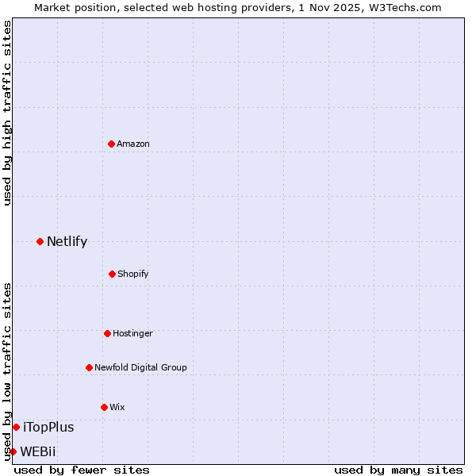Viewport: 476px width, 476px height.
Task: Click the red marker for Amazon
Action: coord(111,144)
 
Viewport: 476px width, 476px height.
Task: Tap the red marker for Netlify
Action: coord(40,241)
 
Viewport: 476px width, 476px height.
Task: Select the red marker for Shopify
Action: coord(112,274)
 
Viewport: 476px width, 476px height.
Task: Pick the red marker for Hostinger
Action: coord(107,333)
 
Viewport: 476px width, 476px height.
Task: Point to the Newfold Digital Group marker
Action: coord(89,367)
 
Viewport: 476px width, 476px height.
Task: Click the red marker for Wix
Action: coord(104,407)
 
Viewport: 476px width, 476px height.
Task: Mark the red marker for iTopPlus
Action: coord(16,427)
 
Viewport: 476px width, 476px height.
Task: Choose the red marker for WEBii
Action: coord(13,451)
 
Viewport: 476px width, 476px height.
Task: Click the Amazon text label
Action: coord(133,144)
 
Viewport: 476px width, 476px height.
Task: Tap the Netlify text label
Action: coord(67,241)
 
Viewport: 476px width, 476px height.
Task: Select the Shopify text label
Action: coord(133,274)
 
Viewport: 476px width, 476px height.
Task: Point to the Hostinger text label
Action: coord(132,333)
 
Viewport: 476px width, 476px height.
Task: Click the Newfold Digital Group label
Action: coord(140,367)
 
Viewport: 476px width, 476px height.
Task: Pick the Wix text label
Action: coord(117,407)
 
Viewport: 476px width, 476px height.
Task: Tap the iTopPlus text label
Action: coord(48,427)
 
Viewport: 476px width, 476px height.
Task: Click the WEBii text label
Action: coord(38,451)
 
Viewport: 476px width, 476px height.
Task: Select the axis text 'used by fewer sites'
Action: coord(82,470)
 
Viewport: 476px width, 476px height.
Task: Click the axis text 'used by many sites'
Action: coord(398,470)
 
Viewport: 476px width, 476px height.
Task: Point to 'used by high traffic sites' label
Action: coord(7,113)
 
